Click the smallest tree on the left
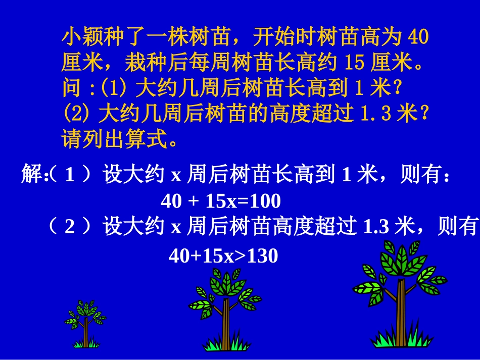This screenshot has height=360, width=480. click(85, 323)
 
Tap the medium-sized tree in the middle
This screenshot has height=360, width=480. click(225, 308)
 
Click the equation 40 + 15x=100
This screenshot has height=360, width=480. click(221, 202)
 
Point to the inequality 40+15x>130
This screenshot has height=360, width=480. click(223, 256)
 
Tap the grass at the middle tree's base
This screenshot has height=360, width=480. click(225, 344)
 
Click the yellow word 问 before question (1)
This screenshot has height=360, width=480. click(71, 89)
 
